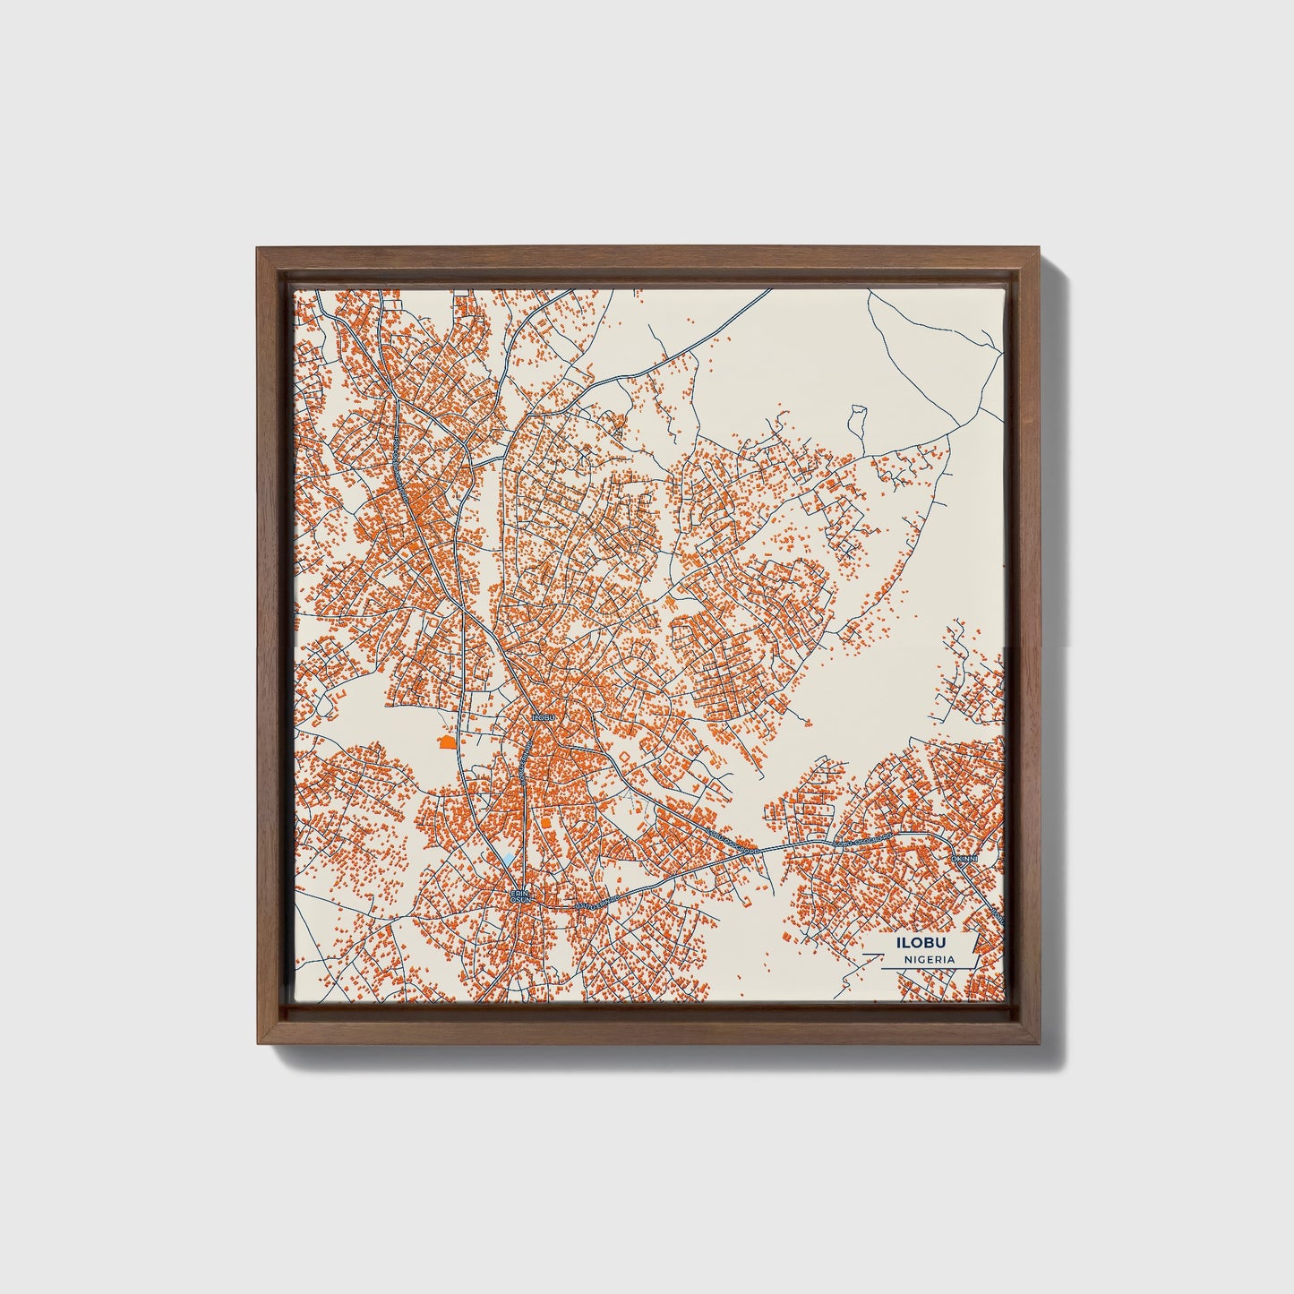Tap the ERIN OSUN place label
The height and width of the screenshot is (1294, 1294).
pyautogui.click(x=521, y=896)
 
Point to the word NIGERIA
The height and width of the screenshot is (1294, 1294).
pyautogui.click(x=928, y=959)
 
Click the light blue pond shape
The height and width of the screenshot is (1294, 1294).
pyautogui.click(x=509, y=859)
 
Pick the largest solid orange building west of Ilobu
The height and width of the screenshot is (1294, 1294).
pyautogui.click(x=446, y=741)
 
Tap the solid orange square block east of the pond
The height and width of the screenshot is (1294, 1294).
pyautogui.click(x=544, y=820)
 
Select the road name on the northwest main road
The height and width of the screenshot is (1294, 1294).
pyautogui.click(x=394, y=448)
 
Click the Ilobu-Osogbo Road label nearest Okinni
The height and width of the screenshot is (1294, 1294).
pyautogui.click(x=862, y=841)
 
